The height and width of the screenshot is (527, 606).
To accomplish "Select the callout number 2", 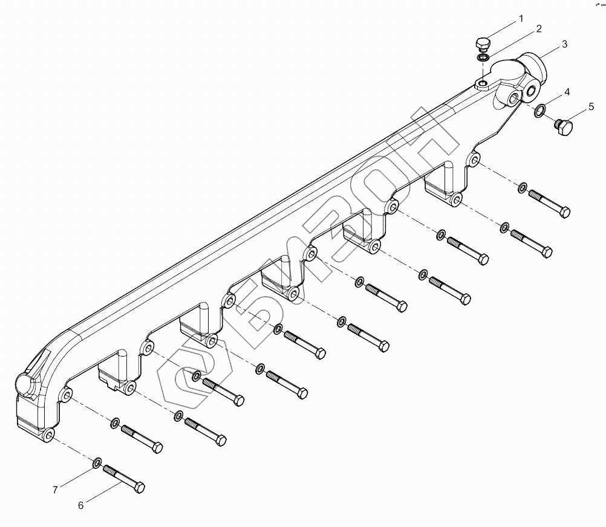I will point(538,29).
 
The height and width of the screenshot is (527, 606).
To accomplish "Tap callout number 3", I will point(564,44).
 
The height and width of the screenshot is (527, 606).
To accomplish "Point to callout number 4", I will point(567,92).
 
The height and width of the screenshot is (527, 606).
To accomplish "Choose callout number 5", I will point(591,108).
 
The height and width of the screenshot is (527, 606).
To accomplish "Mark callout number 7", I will point(54,490).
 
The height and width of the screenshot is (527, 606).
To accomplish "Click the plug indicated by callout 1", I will point(482,44).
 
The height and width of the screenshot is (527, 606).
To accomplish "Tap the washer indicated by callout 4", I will point(540,110).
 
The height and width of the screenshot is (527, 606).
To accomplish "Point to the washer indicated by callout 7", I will point(97,464).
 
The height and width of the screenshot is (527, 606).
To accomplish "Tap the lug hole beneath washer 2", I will point(483,83).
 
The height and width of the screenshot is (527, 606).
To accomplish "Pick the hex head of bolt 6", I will point(138,487).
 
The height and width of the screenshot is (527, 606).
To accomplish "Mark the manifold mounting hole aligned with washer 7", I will point(49,435).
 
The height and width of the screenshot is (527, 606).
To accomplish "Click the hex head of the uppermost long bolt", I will point(564,212).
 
